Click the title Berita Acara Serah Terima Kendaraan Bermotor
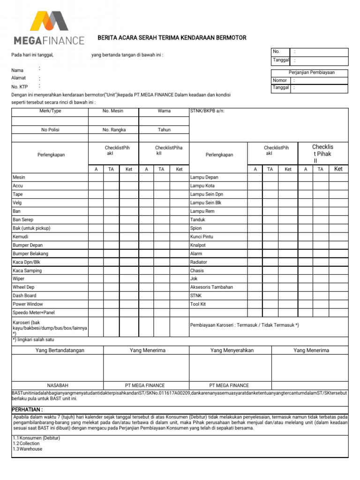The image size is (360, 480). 172,38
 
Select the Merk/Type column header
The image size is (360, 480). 50,111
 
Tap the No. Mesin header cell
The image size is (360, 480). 113,111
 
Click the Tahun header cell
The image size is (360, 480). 164,130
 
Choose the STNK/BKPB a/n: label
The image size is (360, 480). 204,111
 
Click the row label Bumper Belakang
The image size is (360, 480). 30,254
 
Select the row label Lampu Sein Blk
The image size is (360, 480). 206,202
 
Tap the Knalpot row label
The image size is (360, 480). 198,245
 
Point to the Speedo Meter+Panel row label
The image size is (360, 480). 34,313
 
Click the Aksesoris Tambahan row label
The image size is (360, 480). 211,287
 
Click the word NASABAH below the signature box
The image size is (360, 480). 57,385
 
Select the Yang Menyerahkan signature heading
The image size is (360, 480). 232,350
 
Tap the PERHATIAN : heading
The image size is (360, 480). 27,410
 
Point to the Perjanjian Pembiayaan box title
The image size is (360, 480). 310,73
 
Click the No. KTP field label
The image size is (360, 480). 20,87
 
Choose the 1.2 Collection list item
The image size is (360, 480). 26,443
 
